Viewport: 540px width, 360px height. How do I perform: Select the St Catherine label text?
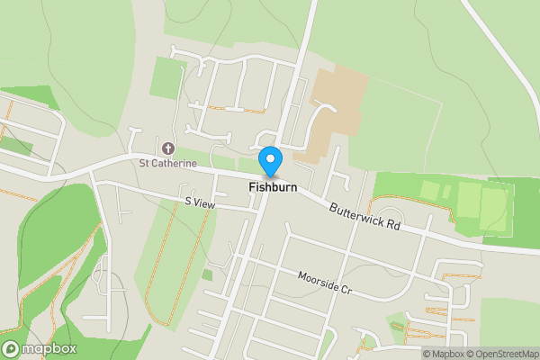tap(167, 163)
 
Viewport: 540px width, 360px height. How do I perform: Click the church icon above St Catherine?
tap(167, 148)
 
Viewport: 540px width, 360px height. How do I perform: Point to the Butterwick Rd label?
tap(364, 218)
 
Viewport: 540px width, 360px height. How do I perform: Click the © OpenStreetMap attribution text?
tap(502, 354)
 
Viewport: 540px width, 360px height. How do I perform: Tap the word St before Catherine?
tap(143, 163)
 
